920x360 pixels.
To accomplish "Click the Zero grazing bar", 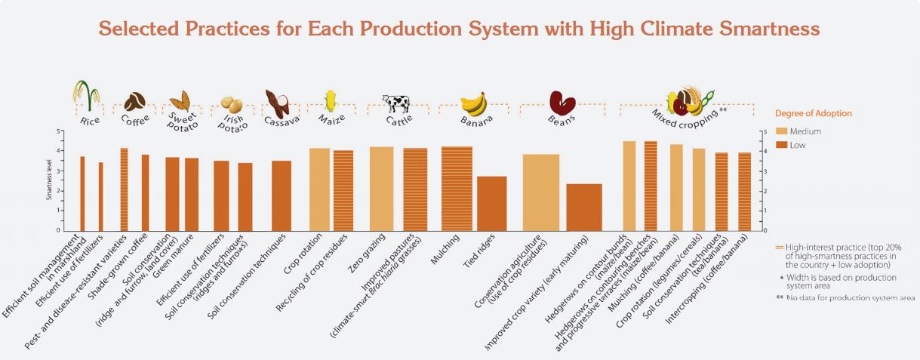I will click(x=381, y=189).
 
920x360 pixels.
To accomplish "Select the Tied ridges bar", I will click(x=492, y=203).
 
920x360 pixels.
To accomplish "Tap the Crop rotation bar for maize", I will click(x=319, y=189).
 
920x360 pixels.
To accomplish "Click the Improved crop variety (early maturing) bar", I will click(x=584, y=207).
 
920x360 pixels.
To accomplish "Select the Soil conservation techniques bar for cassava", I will click(x=282, y=195).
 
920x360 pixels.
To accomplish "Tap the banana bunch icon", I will click(x=473, y=102).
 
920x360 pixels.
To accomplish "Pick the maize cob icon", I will click(x=330, y=100).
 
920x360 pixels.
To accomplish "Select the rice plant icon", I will click(x=86, y=94).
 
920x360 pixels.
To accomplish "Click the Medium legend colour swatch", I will click(x=781, y=131).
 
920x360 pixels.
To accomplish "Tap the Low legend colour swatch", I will click(x=781, y=144).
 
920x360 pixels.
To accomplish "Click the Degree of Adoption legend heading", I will click(x=813, y=113).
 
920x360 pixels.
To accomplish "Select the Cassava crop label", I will click(x=282, y=120).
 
